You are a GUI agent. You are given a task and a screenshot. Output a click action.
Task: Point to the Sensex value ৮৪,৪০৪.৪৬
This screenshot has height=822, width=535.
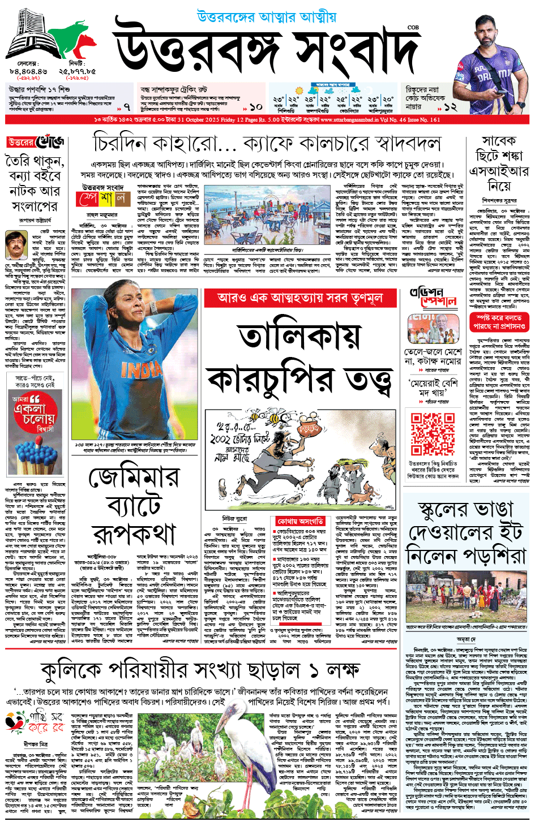[28, 72]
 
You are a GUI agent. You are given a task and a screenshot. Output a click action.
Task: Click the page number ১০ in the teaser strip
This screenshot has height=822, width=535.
[256, 106]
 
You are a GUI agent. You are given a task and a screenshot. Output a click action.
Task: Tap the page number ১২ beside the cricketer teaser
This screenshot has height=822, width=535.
[450, 106]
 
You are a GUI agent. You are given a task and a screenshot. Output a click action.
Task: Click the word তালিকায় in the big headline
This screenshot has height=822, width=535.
[300, 337]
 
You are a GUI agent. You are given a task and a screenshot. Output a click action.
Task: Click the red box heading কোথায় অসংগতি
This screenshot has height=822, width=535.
[300, 520]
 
